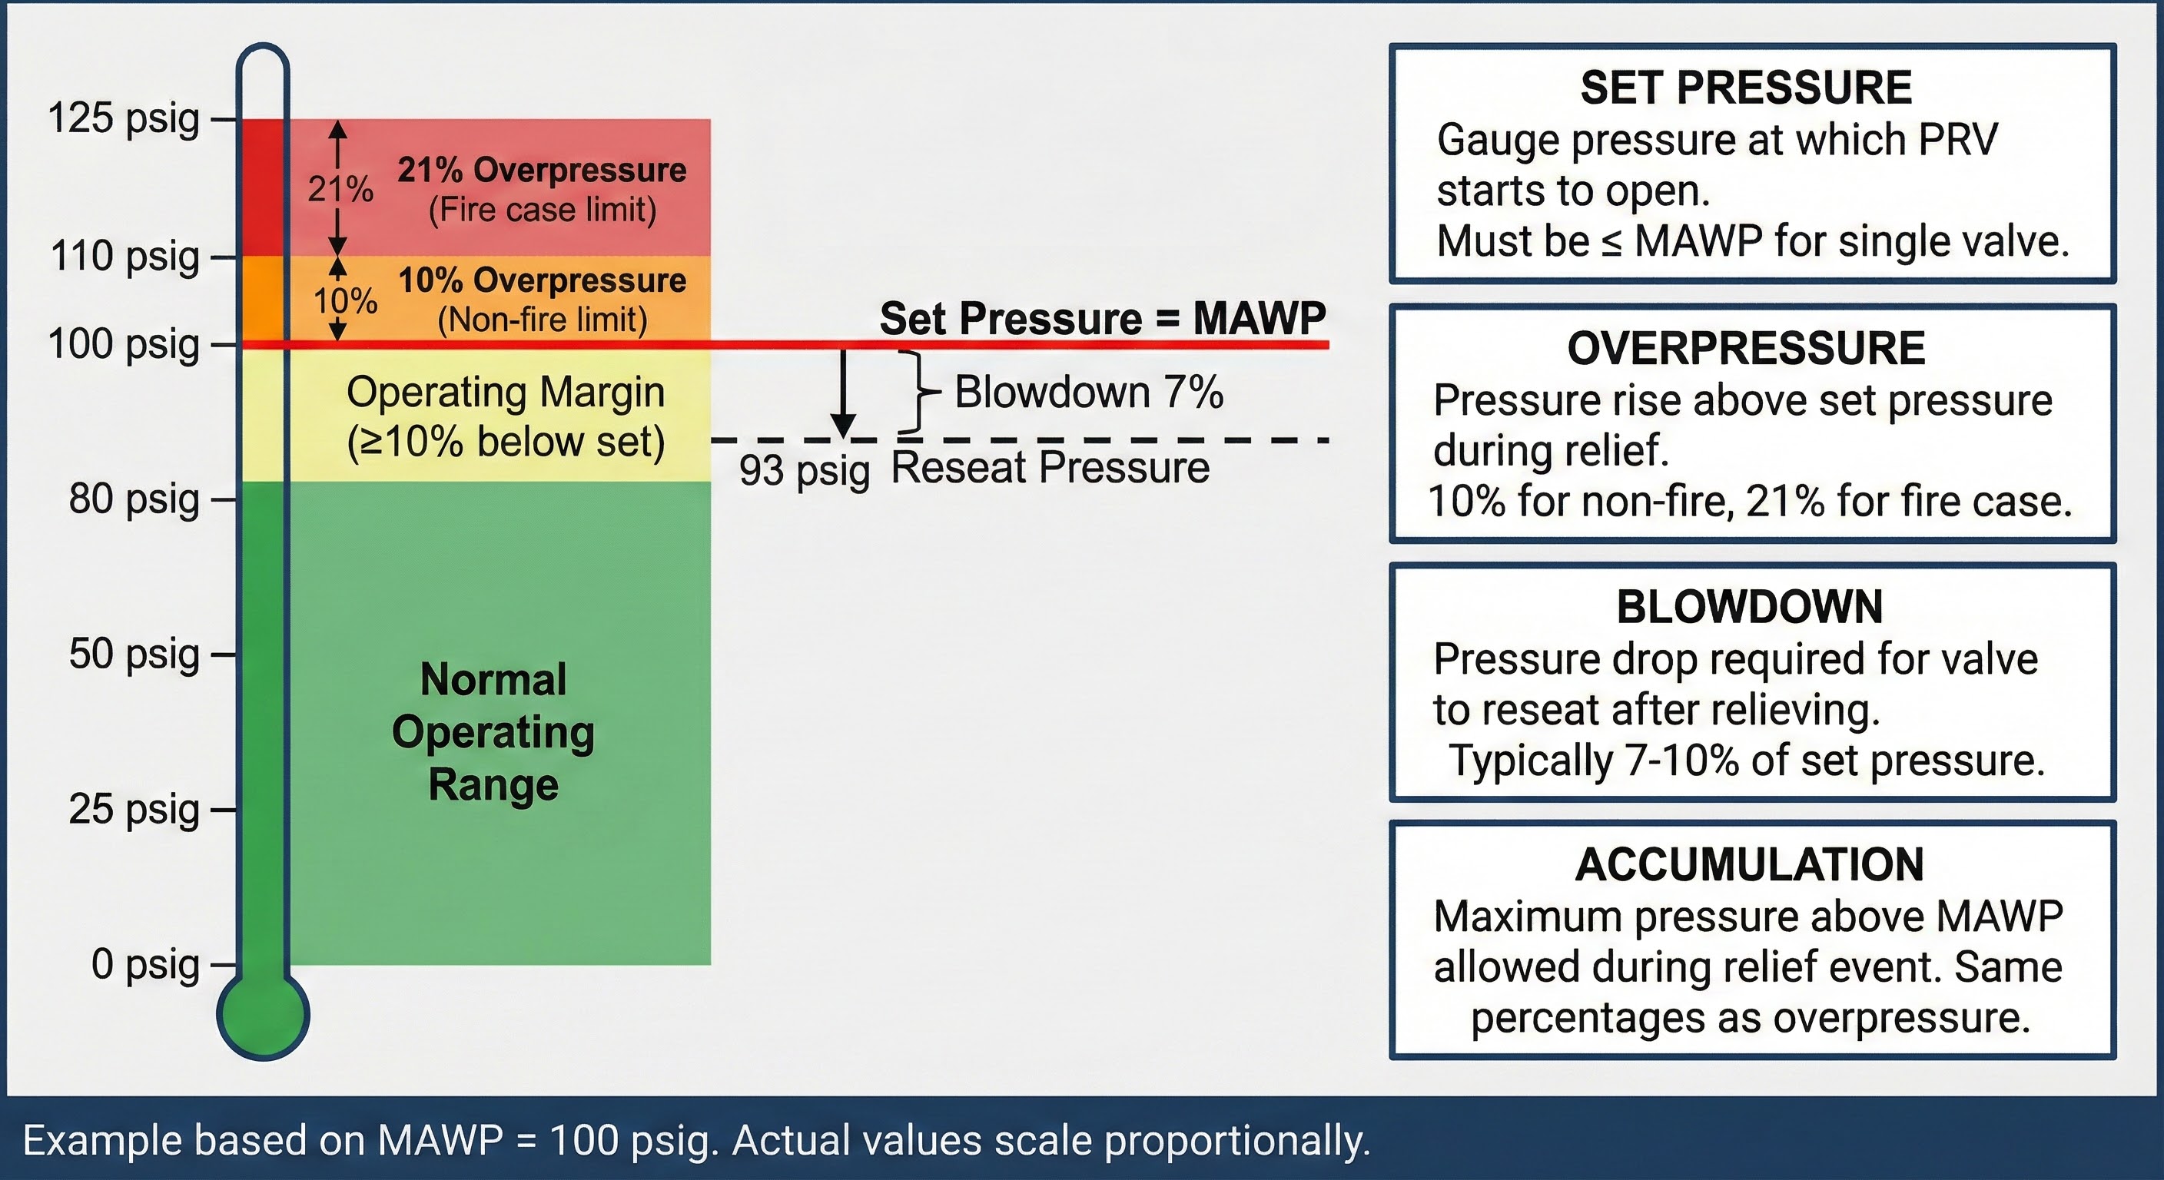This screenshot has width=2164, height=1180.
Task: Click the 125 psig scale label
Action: coord(124,118)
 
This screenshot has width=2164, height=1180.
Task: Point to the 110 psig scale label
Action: coord(125,256)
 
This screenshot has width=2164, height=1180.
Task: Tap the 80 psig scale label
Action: coord(134,499)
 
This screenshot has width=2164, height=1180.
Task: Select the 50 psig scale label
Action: coord(134,655)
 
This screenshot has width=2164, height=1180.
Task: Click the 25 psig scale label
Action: coord(134,810)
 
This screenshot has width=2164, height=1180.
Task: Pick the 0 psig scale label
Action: coord(145,964)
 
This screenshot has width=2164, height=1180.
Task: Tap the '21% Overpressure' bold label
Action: coord(542,171)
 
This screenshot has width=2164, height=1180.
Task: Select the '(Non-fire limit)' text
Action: coord(542,320)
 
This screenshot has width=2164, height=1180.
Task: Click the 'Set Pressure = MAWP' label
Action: coord(1102,318)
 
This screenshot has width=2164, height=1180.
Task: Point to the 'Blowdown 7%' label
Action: coord(1089,393)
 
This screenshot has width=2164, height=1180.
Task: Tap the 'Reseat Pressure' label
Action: coord(1050,468)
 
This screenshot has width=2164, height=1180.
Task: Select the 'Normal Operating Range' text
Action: coord(493,731)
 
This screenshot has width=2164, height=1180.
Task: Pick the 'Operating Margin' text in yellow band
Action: coord(506,393)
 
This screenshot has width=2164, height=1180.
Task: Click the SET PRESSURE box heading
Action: coord(1746,88)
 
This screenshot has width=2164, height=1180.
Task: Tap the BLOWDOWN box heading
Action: coord(1750,607)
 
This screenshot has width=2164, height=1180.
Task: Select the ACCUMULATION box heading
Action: coord(1750,865)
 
